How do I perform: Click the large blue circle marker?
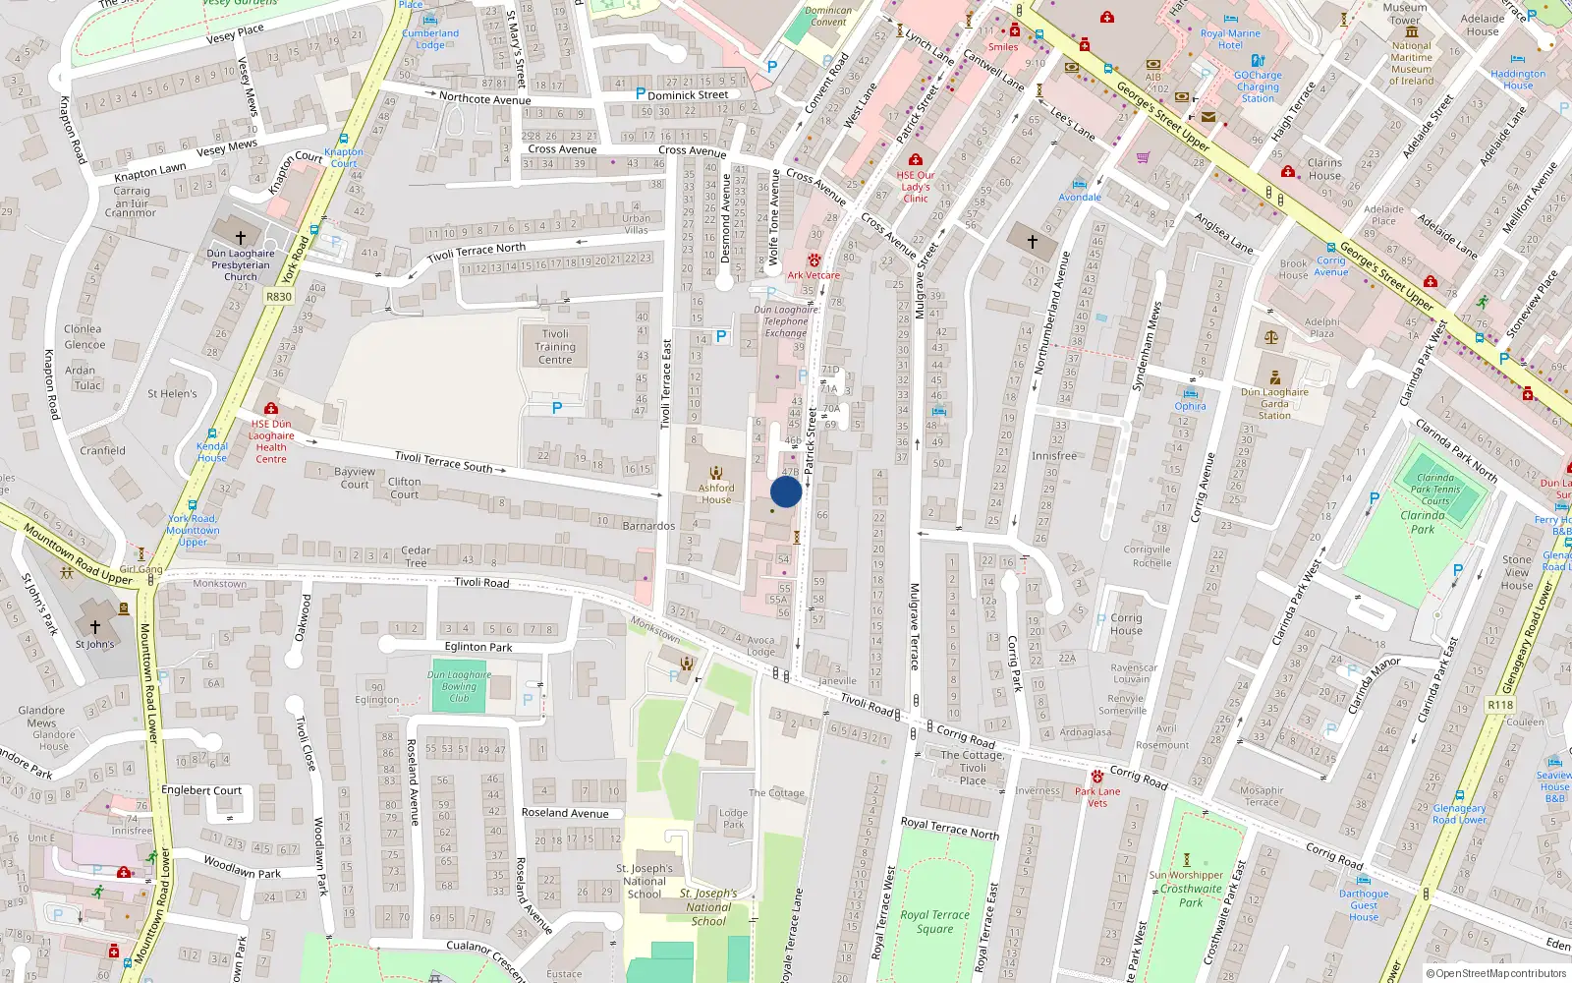pyautogui.click(x=786, y=491)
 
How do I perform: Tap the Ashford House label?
pyautogui.click(x=716, y=493)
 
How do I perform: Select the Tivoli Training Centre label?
pyautogui.click(x=555, y=347)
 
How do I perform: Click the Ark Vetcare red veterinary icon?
pyautogui.click(x=814, y=261)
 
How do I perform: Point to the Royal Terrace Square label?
pyautogui.click(x=934, y=921)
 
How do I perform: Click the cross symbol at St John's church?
pyautogui.click(x=95, y=626)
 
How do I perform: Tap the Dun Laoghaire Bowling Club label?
pyautogui.click(x=459, y=686)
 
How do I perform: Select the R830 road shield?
pyautogui.click(x=279, y=296)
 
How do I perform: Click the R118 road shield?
pyautogui.click(x=1500, y=705)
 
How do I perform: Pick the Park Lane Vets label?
pyautogui.click(x=1097, y=796)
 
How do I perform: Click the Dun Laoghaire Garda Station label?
pyautogui.click(x=1274, y=403)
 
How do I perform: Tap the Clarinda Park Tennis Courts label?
pyautogui.click(x=1435, y=489)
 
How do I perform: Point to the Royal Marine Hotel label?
pyautogui.click(x=1230, y=39)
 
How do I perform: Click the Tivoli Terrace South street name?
pyautogui.click(x=443, y=461)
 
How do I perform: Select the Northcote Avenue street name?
pyautogui.click(x=484, y=98)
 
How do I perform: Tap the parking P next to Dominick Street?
pyautogui.click(x=641, y=94)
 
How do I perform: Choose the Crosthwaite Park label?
pyautogui.click(x=1191, y=895)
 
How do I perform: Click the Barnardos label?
pyautogui.click(x=648, y=526)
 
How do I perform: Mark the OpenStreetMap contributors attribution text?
pyautogui.click(x=1496, y=973)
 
